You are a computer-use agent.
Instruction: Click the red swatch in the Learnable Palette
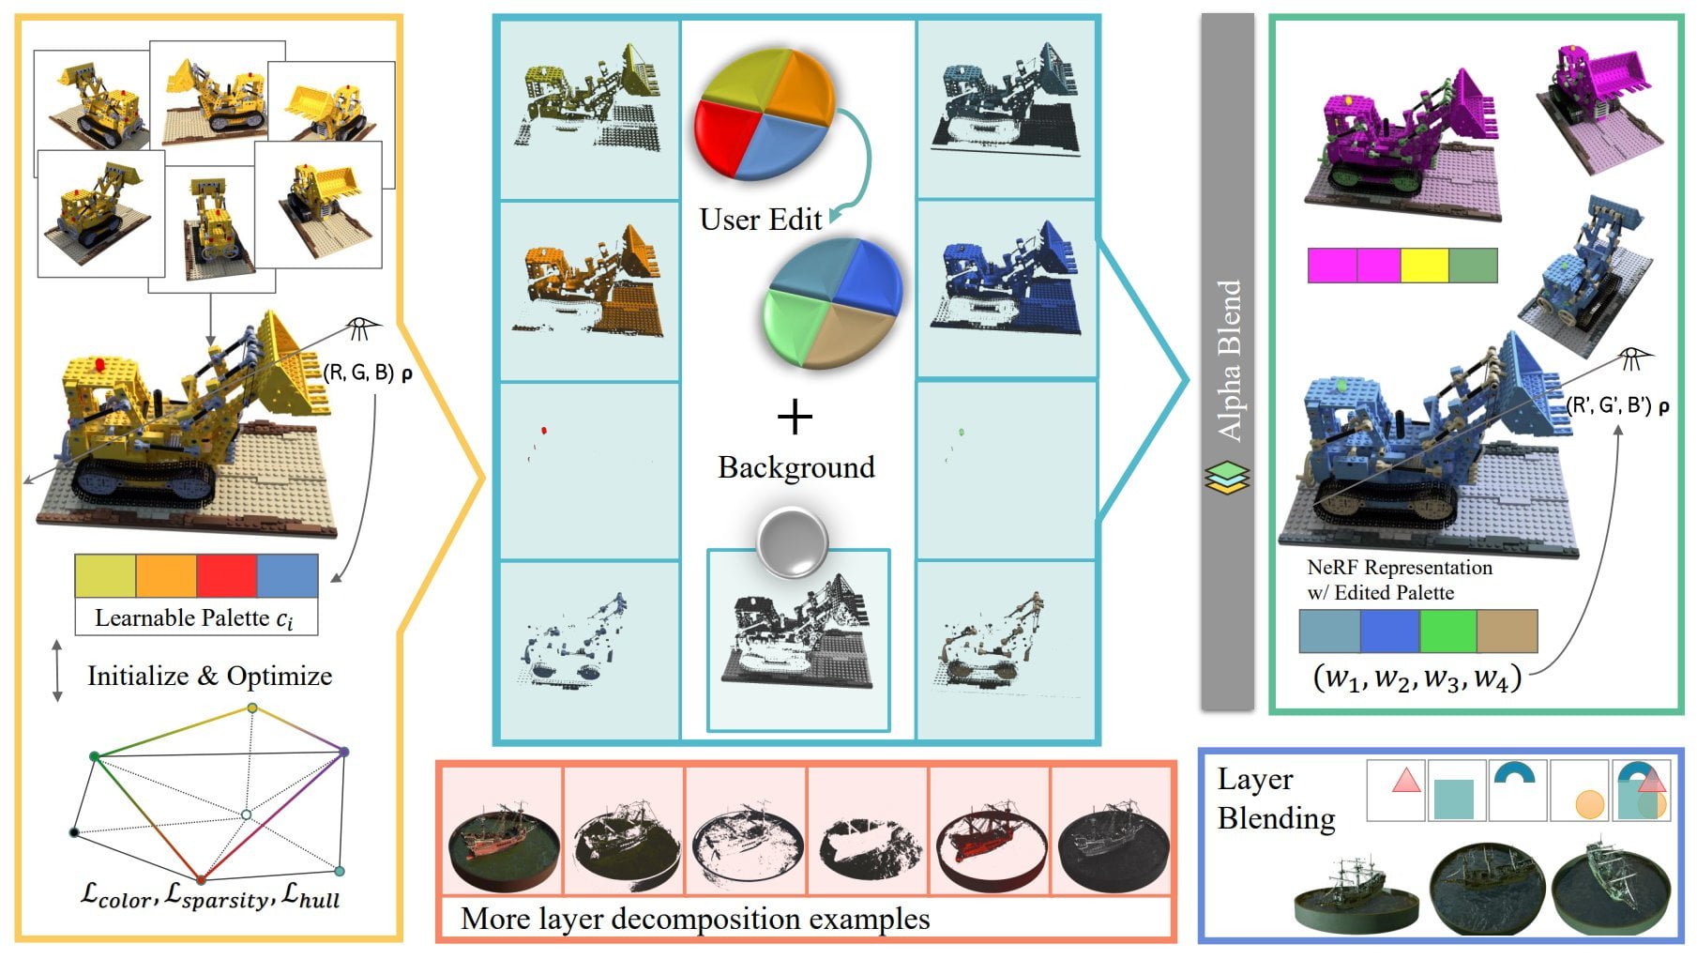click(x=226, y=575)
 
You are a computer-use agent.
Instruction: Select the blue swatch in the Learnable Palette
click(x=287, y=575)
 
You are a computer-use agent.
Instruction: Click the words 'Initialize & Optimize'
click(x=209, y=676)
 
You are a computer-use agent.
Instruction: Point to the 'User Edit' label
click(x=760, y=219)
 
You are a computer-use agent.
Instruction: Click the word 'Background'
click(x=795, y=466)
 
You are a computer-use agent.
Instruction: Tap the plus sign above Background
click(x=795, y=416)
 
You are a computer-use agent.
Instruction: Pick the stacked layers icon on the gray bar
click(x=1227, y=478)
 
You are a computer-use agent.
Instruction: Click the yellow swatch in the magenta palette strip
click(x=1424, y=266)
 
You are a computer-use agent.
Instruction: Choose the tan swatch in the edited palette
click(x=1508, y=631)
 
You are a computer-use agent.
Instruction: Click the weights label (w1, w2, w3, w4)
click(x=1417, y=677)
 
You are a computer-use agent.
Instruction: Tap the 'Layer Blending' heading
click(x=1275, y=799)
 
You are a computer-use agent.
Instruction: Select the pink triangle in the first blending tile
click(x=1405, y=780)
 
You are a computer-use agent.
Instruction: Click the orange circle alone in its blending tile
click(x=1589, y=804)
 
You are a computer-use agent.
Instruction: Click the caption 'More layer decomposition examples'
click(x=695, y=918)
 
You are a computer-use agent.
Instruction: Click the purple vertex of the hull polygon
click(x=344, y=752)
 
